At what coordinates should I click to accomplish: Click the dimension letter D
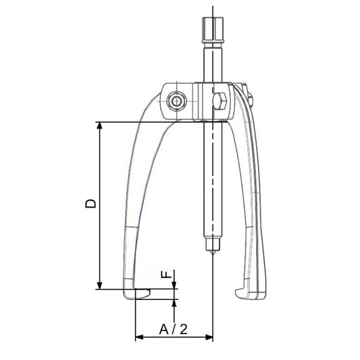tap(90, 203)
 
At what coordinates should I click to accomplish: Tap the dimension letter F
tap(166, 274)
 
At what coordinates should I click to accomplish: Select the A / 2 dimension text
tap(174, 329)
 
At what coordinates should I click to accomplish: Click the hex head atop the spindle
tap(212, 30)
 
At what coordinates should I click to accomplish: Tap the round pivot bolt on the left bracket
tap(176, 102)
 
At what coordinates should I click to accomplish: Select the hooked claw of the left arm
tap(136, 294)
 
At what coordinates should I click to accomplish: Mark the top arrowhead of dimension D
tap(100, 126)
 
